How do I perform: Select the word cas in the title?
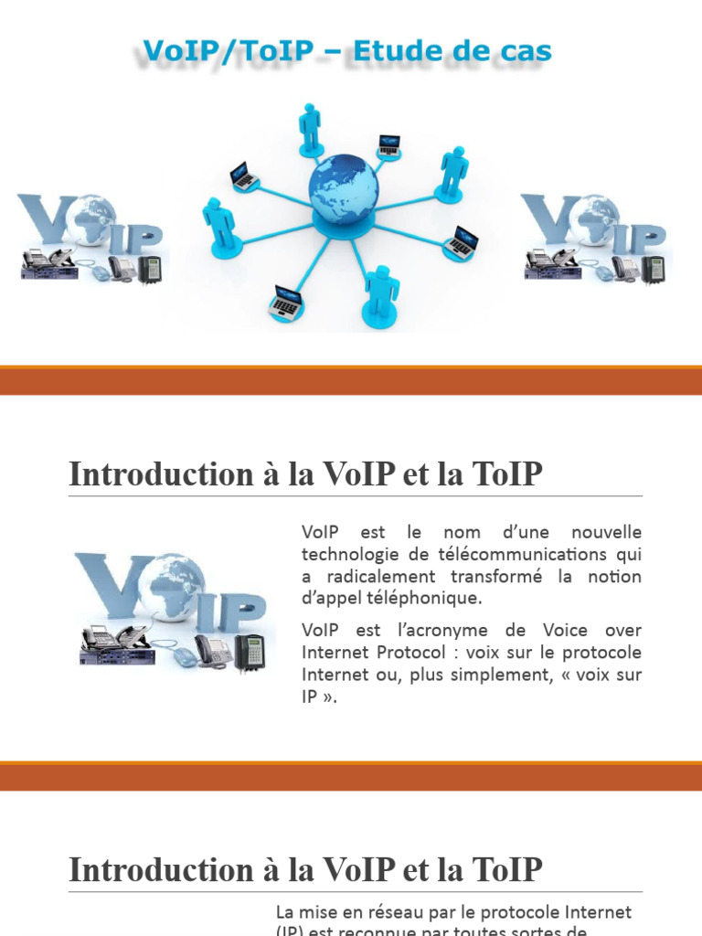521,52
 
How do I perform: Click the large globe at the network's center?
343,189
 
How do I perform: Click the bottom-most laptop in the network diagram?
286,302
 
